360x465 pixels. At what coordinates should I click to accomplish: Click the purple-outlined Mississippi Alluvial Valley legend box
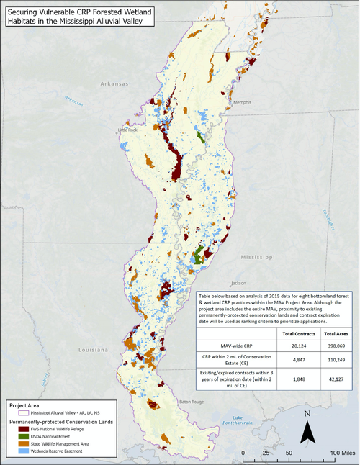(x=14, y=412)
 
